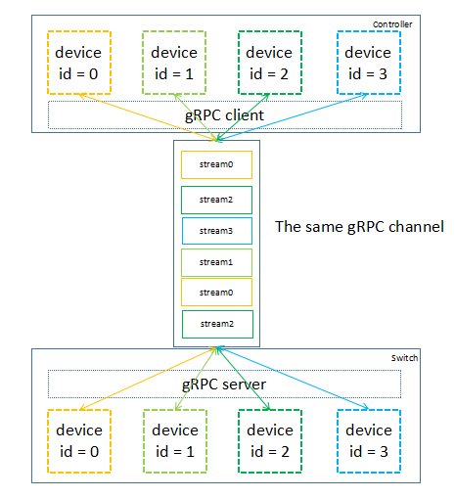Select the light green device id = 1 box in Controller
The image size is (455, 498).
click(174, 62)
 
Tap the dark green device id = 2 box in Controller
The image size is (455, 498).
click(270, 62)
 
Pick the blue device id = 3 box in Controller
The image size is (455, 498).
click(368, 62)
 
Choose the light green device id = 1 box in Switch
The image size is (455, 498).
click(174, 439)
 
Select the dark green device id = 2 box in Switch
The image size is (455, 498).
click(270, 439)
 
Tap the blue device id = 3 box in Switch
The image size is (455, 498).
click(368, 439)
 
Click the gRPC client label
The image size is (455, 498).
click(224, 114)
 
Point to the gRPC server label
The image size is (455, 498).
click(224, 384)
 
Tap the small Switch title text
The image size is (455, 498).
click(403, 359)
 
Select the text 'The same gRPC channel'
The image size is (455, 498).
click(359, 226)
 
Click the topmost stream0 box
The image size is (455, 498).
click(216, 164)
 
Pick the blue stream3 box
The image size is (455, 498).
click(216, 231)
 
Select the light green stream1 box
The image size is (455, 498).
click(216, 262)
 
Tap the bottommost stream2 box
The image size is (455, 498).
click(216, 323)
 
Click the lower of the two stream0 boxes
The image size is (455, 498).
click(216, 292)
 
